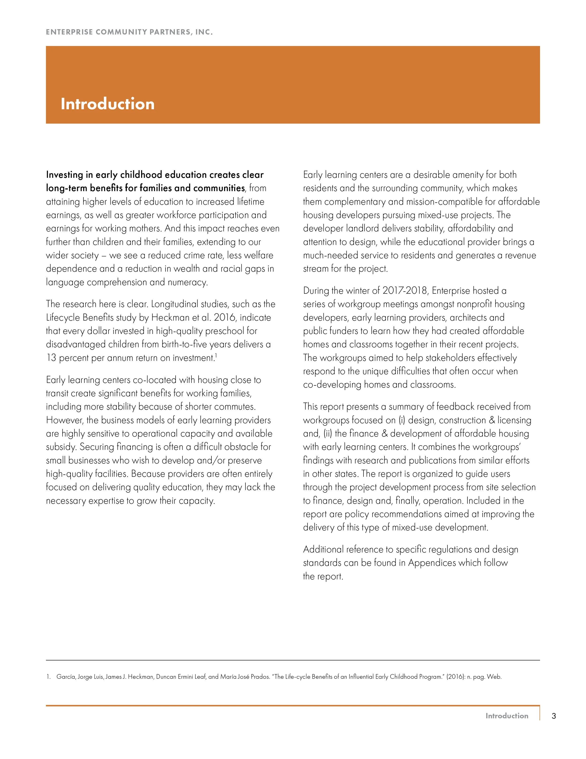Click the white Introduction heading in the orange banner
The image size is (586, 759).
pos(108,104)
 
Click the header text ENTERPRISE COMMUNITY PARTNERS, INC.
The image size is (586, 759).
pos(129,32)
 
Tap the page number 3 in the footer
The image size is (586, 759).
pos(554,716)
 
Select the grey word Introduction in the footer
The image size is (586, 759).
pos(507,716)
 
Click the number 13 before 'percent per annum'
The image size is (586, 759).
pos(51,358)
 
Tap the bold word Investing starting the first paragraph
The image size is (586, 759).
pos(64,175)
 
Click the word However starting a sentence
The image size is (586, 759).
pos(64,420)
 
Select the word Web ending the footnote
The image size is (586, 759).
pos(494,677)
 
